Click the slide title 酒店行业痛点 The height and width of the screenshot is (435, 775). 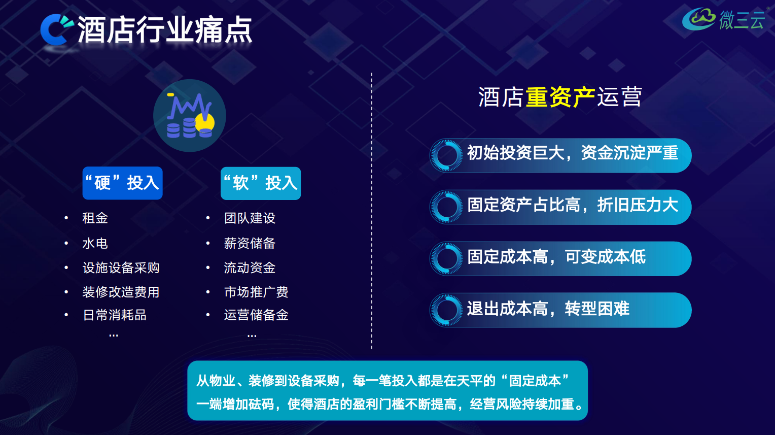(165, 30)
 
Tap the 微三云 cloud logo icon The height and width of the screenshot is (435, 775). (698, 19)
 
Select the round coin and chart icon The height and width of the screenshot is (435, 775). (190, 116)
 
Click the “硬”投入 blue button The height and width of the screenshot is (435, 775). (122, 183)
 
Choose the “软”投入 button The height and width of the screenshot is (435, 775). (261, 183)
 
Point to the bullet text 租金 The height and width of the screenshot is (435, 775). (95, 218)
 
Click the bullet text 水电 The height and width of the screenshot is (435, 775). (95, 243)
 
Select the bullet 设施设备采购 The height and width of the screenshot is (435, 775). (121, 267)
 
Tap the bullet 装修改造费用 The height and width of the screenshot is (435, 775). (121, 292)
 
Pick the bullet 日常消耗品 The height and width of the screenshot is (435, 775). (115, 315)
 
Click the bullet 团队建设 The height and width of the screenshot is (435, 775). (250, 218)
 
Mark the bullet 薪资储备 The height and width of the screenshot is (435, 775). (250, 243)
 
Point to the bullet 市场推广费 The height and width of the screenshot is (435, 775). (256, 292)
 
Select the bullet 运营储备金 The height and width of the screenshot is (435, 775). (256, 315)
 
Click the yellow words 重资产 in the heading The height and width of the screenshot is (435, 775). (560, 97)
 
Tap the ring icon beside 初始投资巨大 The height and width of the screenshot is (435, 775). (447, 155)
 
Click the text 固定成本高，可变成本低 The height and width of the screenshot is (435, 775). (556, 257)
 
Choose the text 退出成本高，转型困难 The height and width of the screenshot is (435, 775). (548, 309)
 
